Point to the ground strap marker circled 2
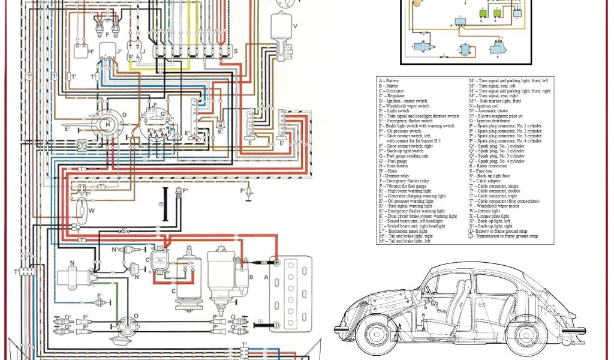pos(161,204)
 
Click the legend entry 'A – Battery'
pos(390,80)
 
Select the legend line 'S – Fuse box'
pos(485,171)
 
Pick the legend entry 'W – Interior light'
pos(489,211)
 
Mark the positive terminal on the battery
pos(276,262)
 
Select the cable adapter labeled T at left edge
pos(25,272)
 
